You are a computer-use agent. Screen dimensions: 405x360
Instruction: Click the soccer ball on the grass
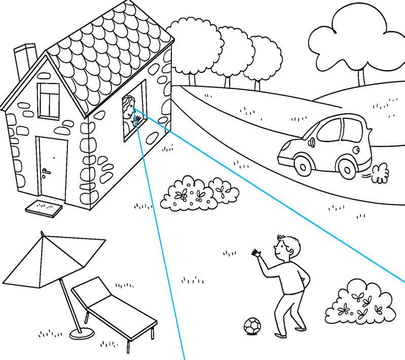(x=252, y=326)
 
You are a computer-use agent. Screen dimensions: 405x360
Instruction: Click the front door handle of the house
(x=46, y=172)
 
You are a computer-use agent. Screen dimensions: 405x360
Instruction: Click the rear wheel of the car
(x=348, y=166)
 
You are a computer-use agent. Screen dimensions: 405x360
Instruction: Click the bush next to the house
(x=198, y=194)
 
